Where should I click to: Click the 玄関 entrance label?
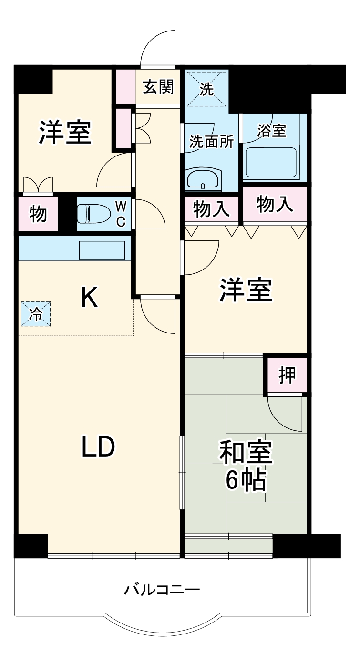[x=159, y=87]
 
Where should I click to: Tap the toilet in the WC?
[x=93, y=212]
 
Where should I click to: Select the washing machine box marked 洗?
[x=206, y=90]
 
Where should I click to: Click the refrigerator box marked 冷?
[x=36, y=313]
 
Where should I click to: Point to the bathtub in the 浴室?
[x=270, y=163]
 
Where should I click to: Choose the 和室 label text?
[x=246, y=452]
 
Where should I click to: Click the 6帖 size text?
[x=246, y=480]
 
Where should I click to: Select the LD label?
[x=98, y=447]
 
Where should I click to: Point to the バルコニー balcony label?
[x=162, y=591]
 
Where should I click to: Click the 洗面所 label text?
[x=212, y=142]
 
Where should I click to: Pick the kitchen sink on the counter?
[x=102, y=249]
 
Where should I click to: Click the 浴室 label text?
[x=271, y=131]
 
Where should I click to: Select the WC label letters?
[x=121, y=214]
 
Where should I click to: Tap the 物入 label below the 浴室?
[x=275, y=204]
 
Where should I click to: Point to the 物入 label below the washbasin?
[x=210, y=208]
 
